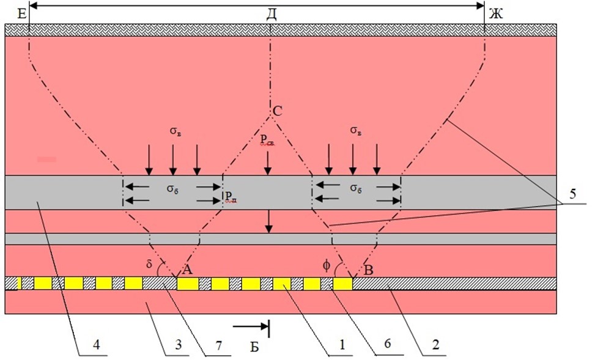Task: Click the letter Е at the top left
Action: (22, 15)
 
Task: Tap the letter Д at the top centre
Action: (272, 15)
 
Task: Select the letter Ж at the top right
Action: (495, 15)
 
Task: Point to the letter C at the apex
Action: (278, 111)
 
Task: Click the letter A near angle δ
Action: (188, 270)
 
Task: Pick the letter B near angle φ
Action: (369, 270)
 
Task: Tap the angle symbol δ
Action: (149, 263)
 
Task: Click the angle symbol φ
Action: (327, 265)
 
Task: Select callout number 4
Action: (97, 345)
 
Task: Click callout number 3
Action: (178, 345)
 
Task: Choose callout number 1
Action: (342, 345)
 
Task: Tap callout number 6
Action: (387, 343)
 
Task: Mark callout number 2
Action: (436, 345)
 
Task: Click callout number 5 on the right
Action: (572, 194)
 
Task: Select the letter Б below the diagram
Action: (254, 347)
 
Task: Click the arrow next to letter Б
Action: (251, 326)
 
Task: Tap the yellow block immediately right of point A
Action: (188, 284)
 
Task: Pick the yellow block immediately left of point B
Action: (342, 284)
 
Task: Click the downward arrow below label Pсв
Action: (268, 163)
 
